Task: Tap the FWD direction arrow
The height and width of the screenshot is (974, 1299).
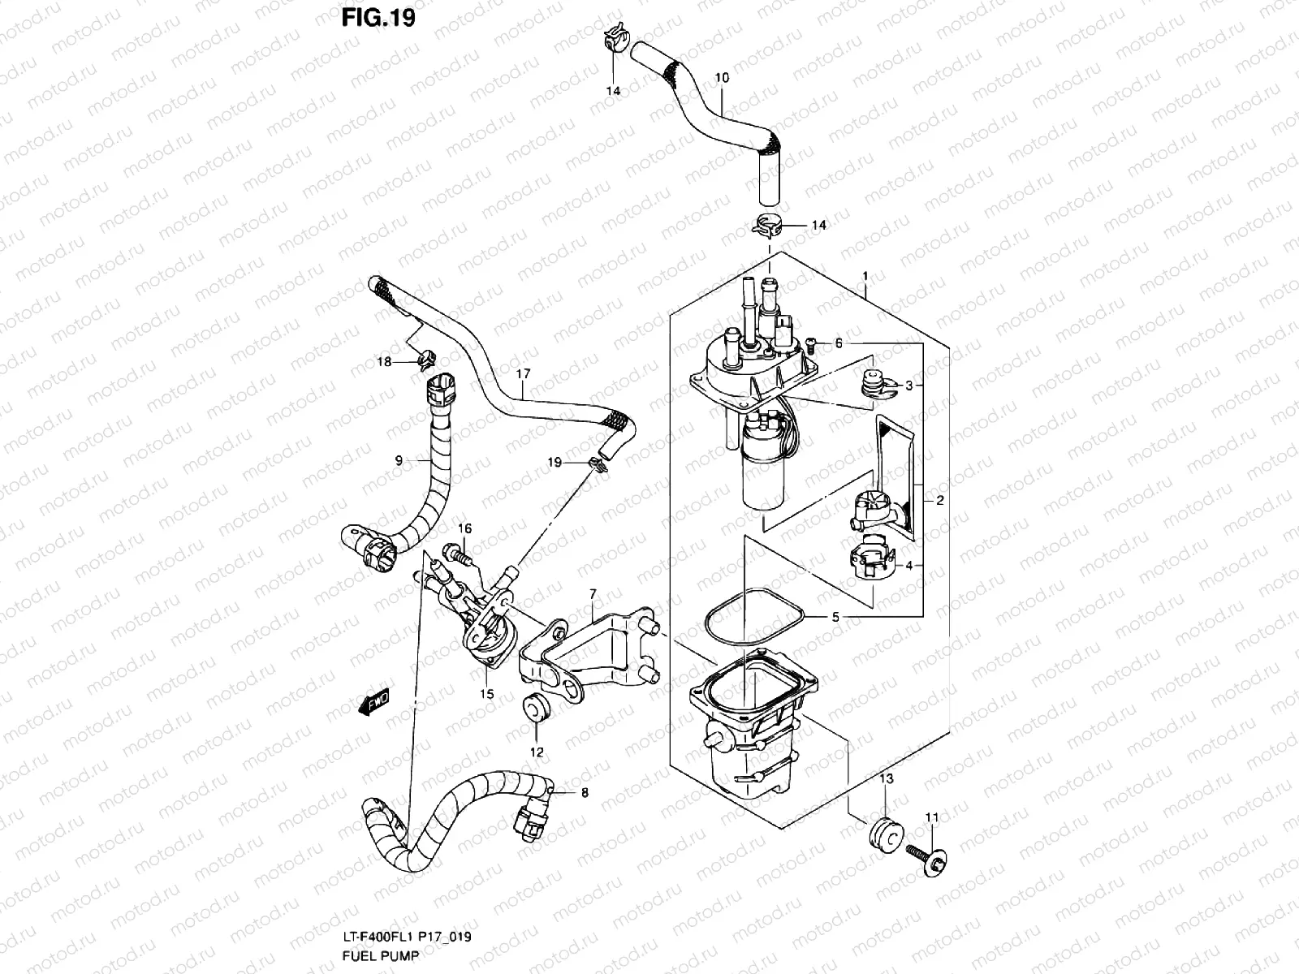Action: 374,701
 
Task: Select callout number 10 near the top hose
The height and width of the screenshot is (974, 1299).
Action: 722,79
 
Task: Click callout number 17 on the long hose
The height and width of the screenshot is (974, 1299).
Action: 523,374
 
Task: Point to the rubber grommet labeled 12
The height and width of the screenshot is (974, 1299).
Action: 534,706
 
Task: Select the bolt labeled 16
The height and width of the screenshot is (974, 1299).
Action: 455,558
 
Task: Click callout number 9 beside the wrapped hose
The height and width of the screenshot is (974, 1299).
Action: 399,460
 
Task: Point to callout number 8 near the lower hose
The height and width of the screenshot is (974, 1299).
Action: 584,792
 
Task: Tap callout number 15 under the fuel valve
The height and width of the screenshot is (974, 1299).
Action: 487,693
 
